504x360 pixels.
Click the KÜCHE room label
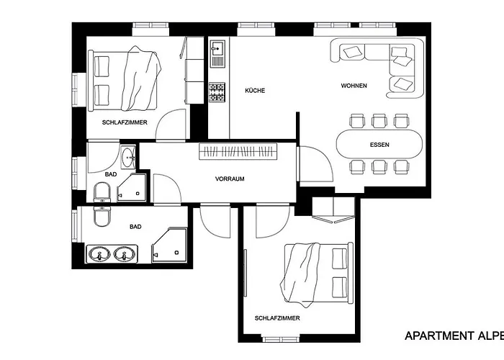point(255,91)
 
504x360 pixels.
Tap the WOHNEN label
point(354,86)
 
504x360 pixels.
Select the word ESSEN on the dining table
point(379,145)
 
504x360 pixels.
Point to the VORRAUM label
point(230,179)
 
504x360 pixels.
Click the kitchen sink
point(217,53)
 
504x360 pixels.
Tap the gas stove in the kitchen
point(217,93)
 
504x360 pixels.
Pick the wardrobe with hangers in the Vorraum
point(238,151)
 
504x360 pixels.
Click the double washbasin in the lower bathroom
point(112,254)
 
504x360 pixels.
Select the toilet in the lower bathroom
point(102,216)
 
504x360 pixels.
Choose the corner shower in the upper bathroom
point(132,187)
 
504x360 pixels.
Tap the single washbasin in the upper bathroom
point(128,157)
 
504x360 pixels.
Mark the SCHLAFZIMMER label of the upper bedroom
point(125,122)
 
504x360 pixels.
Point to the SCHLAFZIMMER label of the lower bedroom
point(277,318)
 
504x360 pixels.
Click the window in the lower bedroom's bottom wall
point(281,339)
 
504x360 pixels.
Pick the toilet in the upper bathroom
point(102,192)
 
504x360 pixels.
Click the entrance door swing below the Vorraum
point(215,222)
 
